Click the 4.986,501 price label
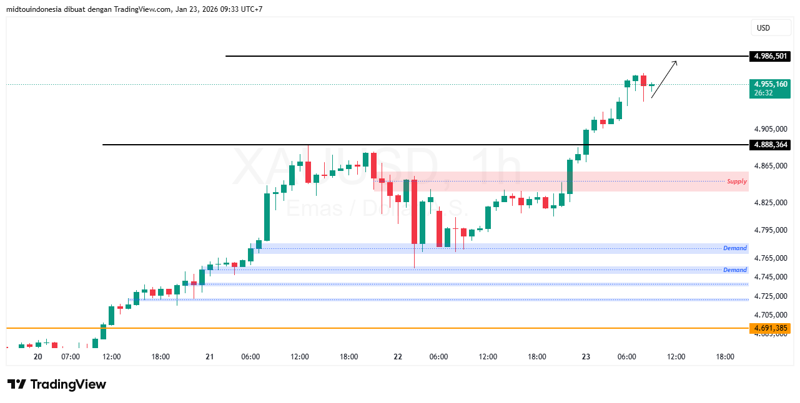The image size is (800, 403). (x=769, y=56)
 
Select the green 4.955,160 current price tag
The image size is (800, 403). (x=769, y=84)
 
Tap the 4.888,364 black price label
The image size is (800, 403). (x=769, y=145)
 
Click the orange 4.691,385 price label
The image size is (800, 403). (x=769, y=328)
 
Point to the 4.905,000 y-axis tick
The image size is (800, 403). (x=771, y=129)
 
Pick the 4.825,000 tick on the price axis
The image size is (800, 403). (x=771, y=203)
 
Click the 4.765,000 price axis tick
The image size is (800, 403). (x=771, y=258)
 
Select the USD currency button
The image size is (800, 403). (x=763, y=28)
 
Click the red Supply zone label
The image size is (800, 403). (x=736, y=182)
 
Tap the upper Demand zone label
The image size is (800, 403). (x=734, y=248)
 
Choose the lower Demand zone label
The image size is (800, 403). (x=734, y=270)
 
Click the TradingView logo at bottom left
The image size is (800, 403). (x=56, y=384)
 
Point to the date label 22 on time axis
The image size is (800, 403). (x=398, y=357)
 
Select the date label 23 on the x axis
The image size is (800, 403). (x=586, y=357)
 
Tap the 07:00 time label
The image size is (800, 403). (x=71, y=357)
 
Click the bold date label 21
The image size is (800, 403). (x=209, y=357)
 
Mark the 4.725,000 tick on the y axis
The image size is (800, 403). (x=771, y=296)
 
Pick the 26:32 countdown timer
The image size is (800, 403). (x=763, y=93)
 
